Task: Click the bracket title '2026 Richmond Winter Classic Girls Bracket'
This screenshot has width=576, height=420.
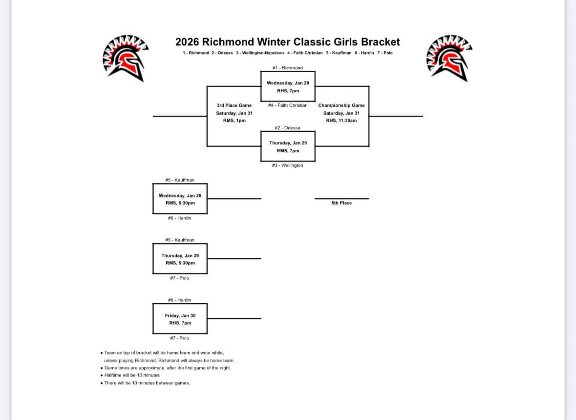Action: pyautogui.click(x=287, y=42)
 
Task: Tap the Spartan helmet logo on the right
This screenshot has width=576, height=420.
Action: pyautogui.click(x=450, y=57)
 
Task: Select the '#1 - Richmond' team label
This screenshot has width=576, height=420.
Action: pyautogui.click(x=287, y=68)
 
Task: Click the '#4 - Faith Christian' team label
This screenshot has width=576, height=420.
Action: pyautogui.click(x=288, y=105)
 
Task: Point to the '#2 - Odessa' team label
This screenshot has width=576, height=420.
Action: pyautogui.click(x=287, y=128)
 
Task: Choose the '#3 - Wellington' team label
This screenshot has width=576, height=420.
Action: pyautogui.click(x=287, y=165)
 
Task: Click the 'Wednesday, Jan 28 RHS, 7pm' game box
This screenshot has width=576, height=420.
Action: pyautogui.click(x=288, y=87)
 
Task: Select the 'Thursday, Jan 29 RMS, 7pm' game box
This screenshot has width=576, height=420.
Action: pyautogui.click(x=288, y=147)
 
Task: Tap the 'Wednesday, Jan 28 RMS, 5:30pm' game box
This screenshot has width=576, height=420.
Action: pyautogui.click(x=180, y=199)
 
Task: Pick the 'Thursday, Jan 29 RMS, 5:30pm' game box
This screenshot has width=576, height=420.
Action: pyautogui.click(x=180, y=259)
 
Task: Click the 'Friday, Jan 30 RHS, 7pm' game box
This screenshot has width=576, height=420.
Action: pyautogui.click(x=180, y=319)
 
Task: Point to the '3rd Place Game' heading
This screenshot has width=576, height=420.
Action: pyautogui.click(x=234, y=105)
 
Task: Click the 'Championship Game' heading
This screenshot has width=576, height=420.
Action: pyautogui.click(x=341, y=105)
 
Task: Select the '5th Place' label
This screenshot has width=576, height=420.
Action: pyautogui.click(x=341, y=203)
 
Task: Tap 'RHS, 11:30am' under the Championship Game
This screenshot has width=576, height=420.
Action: pyautogui.click(x=341, y=120)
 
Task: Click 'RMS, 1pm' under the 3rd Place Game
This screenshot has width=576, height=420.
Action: pyautogui.click(x=234, y=120)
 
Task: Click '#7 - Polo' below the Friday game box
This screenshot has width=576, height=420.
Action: pyautogui.click(x=179, y=338)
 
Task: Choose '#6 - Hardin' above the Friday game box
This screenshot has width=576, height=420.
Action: pyautogui.click(x=179, y=300)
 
